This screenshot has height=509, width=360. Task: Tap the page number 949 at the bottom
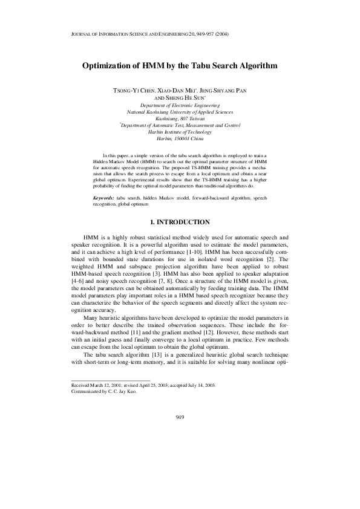pos(180,418)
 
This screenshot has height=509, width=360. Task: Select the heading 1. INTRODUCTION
pos(180,223)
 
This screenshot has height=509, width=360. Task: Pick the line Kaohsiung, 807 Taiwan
pos(180,119)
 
